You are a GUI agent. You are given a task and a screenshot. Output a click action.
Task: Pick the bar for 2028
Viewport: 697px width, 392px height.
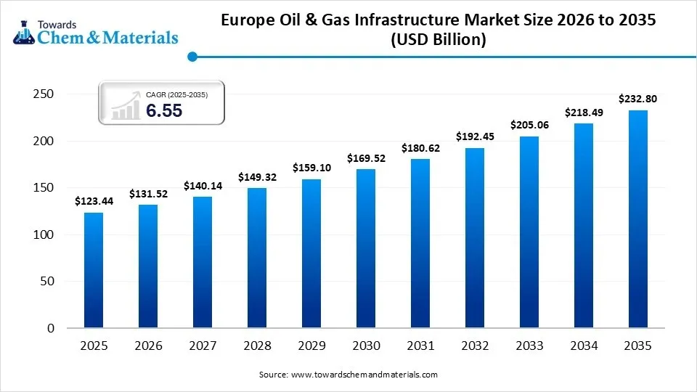click(257, 258)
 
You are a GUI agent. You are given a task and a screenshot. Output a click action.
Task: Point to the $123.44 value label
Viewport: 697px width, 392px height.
click(94, 201)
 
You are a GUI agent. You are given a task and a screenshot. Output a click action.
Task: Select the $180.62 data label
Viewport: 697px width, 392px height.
click(420, 148)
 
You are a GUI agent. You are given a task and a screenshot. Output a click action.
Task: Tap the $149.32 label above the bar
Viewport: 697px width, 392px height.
click(257, 176)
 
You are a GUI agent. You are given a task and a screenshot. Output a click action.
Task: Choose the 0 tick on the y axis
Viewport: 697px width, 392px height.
click(50, 329)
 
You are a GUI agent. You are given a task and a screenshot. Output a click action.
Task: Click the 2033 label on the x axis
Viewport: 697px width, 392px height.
click(529, 347)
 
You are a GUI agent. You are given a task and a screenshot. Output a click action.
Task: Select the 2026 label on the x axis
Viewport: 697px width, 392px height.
click(148, 347)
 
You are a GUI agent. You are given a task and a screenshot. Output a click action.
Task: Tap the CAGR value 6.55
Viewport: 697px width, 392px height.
click(164, 110)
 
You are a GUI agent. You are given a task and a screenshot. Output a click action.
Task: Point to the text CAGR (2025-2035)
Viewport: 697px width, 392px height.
click(176, 94)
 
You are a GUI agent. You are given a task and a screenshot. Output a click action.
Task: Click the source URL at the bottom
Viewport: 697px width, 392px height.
click(364, 375)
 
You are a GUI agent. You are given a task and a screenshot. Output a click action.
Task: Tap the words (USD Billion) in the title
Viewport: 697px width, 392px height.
click(438, 41)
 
